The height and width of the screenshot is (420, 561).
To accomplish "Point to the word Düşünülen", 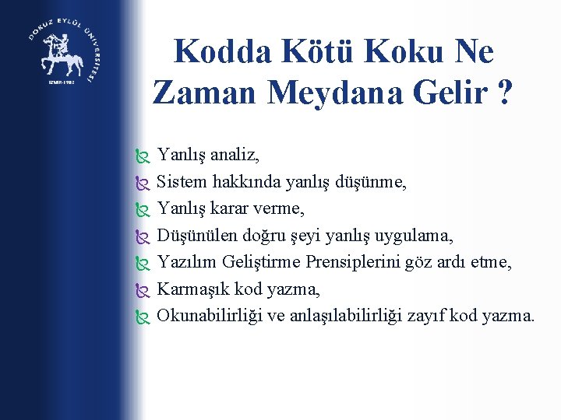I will [x=192, y=235].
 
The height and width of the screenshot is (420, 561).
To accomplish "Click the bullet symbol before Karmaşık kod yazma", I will [x=141, y=289].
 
